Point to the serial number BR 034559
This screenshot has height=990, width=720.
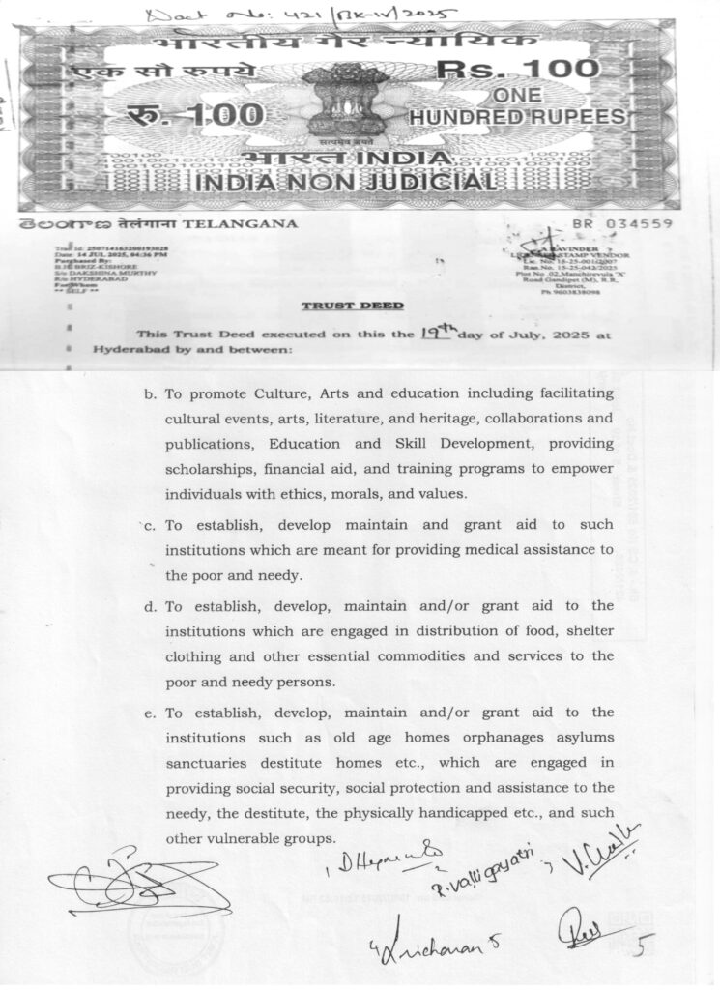pyautogui.click(x=633, y=223)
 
